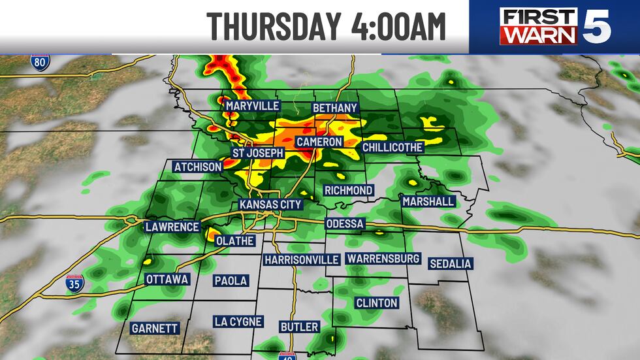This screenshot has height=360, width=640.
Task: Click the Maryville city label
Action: tap(252, 106)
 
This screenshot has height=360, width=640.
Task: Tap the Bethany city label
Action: tap(335, 107)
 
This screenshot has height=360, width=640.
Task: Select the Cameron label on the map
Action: tap(319, 142)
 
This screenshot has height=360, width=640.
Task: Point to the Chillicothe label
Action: tap(392, 147)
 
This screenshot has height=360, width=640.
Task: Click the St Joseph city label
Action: tap(259, 153)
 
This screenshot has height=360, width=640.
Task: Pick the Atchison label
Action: tap(198, 167)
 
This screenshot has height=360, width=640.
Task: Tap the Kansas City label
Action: tap(270, 205)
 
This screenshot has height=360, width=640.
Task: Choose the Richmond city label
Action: tap(349, 190)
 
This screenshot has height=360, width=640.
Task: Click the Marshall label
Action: tap(428, 201)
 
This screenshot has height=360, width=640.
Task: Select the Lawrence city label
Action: tap(172, 227)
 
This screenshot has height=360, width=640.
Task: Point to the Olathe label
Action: tap(234, 240)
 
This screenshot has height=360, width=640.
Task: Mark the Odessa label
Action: tap(345, 224)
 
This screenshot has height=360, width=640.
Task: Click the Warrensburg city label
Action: tap(383, 259)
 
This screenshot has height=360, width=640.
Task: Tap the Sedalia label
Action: tap(450, 264)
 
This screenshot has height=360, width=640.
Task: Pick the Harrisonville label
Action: tap(302, 259)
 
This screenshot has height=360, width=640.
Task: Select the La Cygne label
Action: tap(238, 321)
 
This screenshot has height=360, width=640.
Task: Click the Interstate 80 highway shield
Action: tap(40, 63)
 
